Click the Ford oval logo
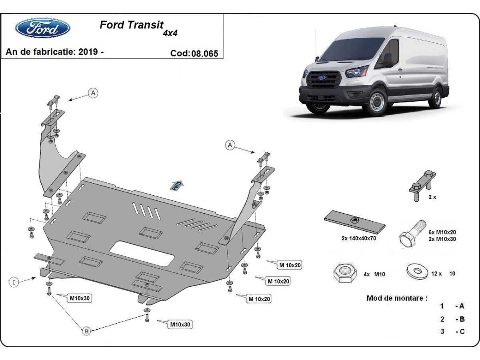(x=43, y=28)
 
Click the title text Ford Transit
(x=131, y=25)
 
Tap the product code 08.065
(x=205, y=53)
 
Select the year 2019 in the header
(x=88, y=52)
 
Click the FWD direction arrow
(x=177, y=185)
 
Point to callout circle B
(x=86, y=331)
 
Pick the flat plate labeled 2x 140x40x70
(x=354, y=222)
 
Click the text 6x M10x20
(x=442, y=232)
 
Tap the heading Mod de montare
(x=397, y=298)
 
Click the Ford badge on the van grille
(x=322, y=77)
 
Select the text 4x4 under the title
(x=170, y=34)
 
